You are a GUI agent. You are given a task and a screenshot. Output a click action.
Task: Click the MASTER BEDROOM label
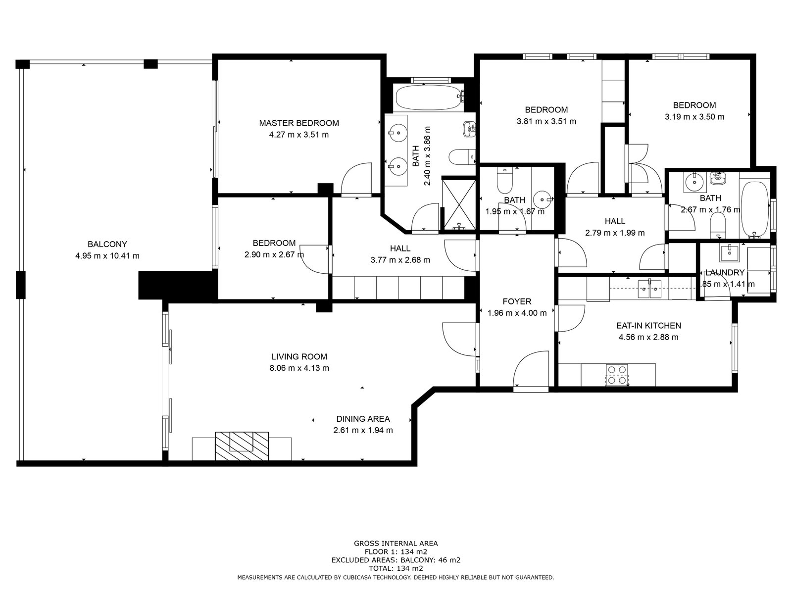[x=299, y=123]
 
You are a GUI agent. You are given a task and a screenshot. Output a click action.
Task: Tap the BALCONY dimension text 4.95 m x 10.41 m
[x=107, y=256]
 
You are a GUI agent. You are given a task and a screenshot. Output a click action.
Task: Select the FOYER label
[x=517, y=301]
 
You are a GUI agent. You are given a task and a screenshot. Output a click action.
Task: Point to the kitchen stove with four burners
[x=617, y=375]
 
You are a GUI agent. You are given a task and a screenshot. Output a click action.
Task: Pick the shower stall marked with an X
[x=459, y=204]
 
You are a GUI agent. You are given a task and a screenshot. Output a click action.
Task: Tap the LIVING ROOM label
[x=299, y=356]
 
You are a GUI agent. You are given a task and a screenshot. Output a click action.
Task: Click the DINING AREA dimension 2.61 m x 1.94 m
[x=363, y=430]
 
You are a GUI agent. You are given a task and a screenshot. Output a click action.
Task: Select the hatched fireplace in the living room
[x=242, y=446]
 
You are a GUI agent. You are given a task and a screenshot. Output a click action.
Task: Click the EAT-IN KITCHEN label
[x=648, y=325]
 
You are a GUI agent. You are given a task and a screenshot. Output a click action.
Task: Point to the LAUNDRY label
[x=725, y=272]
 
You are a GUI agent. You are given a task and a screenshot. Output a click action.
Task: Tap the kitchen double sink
[x=649, y=289]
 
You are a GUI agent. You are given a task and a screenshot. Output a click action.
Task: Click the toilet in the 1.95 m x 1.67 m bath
[x=504, y=180]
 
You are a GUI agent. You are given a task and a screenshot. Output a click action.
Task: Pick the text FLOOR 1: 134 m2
[x=396, y=551]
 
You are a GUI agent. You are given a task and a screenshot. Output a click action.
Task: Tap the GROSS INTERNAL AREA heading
[x=396, y=543]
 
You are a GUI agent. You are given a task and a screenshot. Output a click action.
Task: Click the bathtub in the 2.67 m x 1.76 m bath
[x=754, y=209]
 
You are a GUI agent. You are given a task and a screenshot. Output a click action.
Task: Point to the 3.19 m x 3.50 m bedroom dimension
[x=694, y=116]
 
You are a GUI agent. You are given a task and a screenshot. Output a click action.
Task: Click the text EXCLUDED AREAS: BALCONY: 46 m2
[x=396, y=560]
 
